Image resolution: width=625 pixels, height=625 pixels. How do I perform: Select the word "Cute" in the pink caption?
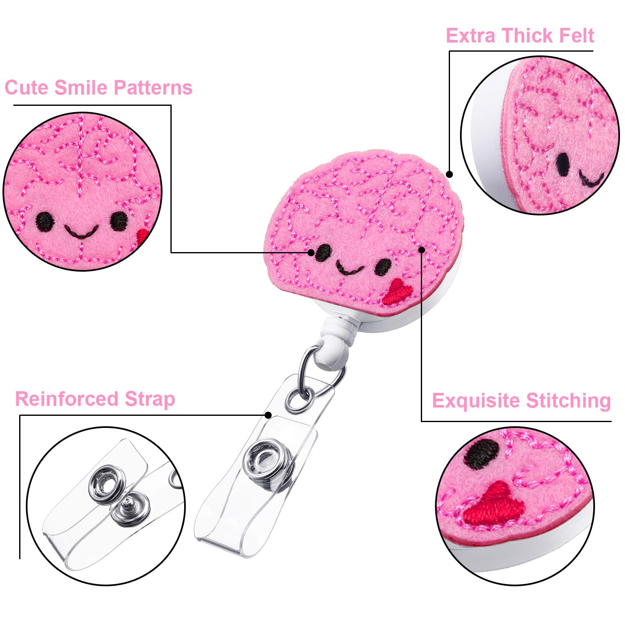tap(27, 87)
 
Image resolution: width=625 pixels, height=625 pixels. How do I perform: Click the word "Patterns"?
tap(153, 87)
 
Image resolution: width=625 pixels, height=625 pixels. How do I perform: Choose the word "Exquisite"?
tap(476, 401)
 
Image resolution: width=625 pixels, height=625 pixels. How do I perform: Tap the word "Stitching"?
tap(568, 401)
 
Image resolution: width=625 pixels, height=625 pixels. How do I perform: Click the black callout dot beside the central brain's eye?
tap(311, 252)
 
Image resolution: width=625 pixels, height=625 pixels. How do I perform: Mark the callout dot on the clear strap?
tap(268, 415)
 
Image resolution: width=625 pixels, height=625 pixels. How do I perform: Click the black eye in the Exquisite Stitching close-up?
tap(482, 454)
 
